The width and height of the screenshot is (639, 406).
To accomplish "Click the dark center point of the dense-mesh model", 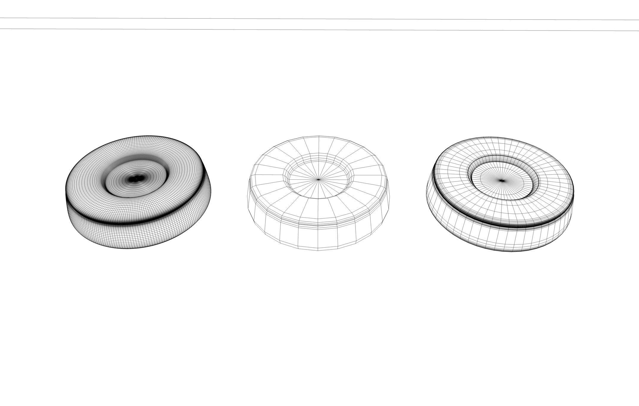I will coord(136,179).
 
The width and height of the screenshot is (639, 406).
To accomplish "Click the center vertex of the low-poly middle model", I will coord(319,179).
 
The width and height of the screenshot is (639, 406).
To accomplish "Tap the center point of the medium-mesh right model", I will coord(502,180).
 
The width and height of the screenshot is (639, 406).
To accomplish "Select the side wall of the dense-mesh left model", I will coord(125,236).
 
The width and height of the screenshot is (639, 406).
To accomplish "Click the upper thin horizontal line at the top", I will coord(319,19).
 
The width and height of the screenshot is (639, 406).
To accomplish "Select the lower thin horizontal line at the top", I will coord(319,30).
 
